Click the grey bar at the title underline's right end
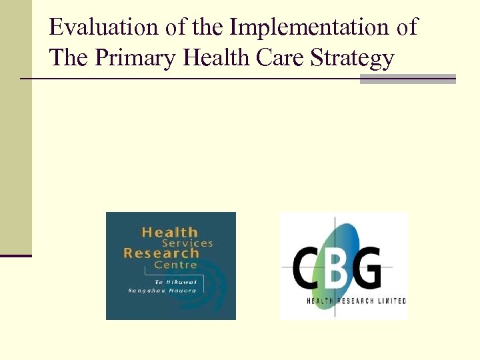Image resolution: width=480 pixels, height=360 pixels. (407, 79)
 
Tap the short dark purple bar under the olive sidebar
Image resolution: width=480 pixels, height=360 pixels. (15, 255)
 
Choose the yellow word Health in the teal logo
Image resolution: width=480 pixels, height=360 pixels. (170, 233)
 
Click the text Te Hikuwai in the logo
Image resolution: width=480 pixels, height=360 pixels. (167, 281)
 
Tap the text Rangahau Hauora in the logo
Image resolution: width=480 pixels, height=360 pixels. (162, 291)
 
